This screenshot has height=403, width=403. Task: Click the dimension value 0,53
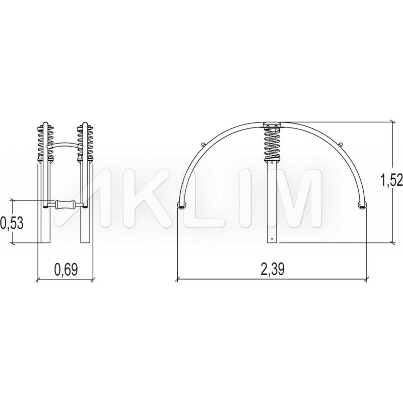pyautogui.click(x=12, y=223)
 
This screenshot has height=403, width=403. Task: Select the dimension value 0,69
pyautogui.click(x=66, y=270)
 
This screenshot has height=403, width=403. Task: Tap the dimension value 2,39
pyautogui.click(x=273, y=270)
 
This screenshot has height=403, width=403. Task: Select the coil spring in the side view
pyautogui.click(x=272, y=145)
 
